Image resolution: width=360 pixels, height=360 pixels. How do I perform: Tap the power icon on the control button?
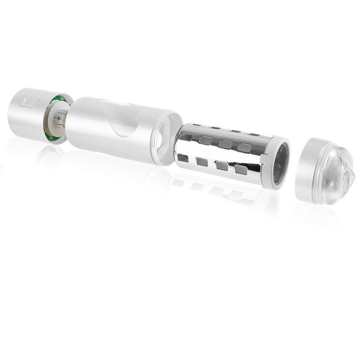click(x=31, y=101)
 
